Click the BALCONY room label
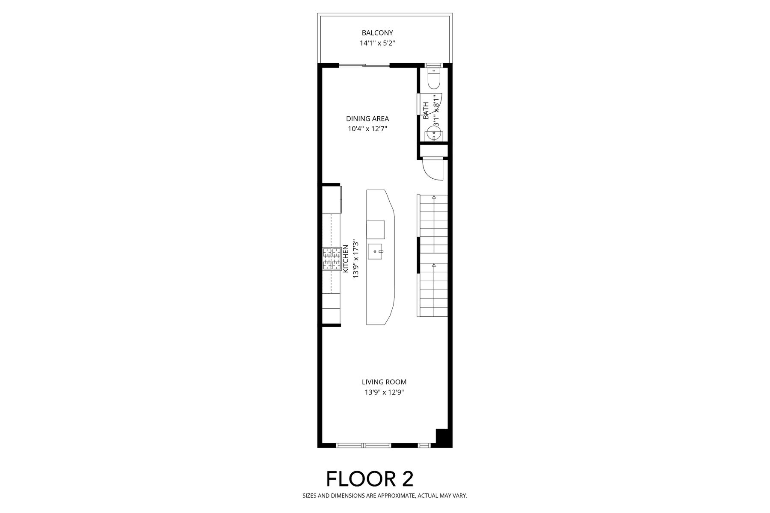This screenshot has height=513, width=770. click(377, 32)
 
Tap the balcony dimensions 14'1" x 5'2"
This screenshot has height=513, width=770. click(377, 43)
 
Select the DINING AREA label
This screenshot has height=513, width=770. click(367, 119)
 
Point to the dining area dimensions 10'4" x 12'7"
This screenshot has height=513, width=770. click(367, 129)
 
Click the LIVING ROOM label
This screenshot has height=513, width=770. click(384, 382)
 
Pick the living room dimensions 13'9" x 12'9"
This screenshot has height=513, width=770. click(384, 392)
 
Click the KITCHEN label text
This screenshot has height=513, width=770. click(346, 258)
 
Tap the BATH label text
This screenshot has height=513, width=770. click(426, 110)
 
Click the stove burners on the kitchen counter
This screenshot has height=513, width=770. click(332, 259)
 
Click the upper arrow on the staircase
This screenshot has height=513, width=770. click(434, 197)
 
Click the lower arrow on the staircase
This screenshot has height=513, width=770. click(434, 265)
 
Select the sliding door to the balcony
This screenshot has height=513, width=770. click(364, 65)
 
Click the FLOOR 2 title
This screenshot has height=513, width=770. click(370, 479)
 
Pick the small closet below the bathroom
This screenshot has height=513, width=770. click(434, 151)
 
